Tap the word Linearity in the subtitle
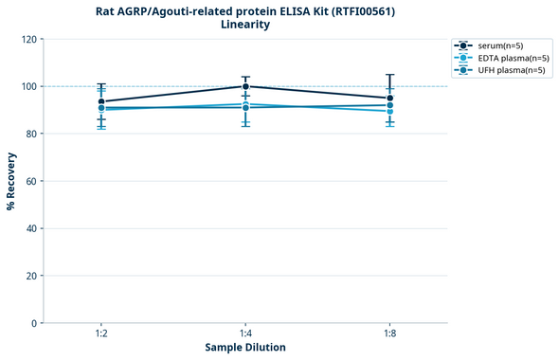coord(244,25)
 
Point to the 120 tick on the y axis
coord(29,39)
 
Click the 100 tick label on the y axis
coord(29,86)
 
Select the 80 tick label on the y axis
coord(31,134)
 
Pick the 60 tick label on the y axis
coord(31,181)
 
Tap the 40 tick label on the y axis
coord(31,228)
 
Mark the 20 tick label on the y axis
coord(31,276)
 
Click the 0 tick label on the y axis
coord(34,323)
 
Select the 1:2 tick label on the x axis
coord(100,334)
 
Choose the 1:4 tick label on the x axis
coord(245,334)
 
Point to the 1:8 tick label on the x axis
coord(389,334)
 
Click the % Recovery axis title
coord(11,181)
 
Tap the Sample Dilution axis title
coord(245,348)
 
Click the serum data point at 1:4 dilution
coord(245,86)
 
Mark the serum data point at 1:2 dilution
coord(101,101)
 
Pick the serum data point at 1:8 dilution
coord(389,98)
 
